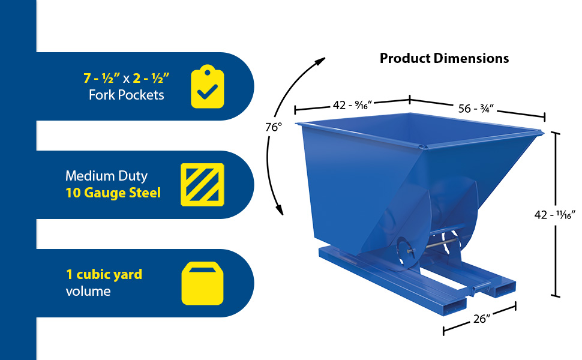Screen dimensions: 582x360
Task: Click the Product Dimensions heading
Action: [444, 58]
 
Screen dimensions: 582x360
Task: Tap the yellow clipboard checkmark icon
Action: [208, 87]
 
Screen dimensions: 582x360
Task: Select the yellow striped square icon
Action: [202, 184]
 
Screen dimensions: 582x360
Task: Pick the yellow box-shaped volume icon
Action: [202, 283]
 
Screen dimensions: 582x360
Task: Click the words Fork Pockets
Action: [126, 95]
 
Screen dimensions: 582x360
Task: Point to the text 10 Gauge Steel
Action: [113, 193]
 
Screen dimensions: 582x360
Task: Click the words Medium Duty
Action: [107, 176]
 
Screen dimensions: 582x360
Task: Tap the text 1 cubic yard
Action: [104, 274]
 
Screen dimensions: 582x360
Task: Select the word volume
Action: [88, 291]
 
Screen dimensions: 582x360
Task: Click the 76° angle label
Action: [274, 127]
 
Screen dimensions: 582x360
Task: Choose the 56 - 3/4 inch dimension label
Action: [476, 109]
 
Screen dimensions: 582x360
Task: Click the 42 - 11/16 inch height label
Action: [554, 215]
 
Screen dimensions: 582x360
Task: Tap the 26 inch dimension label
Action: [482, 319]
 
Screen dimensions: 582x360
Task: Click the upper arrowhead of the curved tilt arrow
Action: [320, 61]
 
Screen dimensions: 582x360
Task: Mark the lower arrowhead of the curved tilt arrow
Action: [280, 209]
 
